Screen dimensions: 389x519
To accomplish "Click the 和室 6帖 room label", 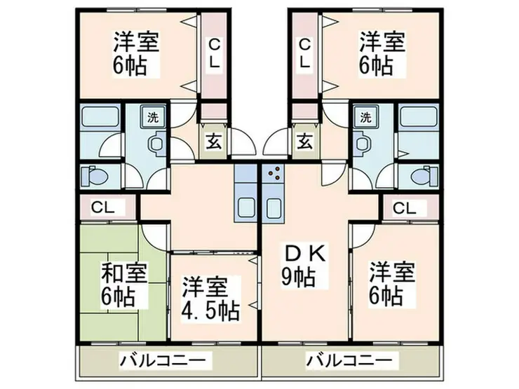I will point(124,283).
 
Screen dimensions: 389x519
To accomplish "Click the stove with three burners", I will point(273,172).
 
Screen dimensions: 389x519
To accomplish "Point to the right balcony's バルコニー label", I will point(348,361).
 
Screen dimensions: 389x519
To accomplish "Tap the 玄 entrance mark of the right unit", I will point(304,139).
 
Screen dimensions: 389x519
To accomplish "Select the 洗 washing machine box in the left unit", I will point(153,117).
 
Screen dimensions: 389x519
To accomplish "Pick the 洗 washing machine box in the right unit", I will point(365,117).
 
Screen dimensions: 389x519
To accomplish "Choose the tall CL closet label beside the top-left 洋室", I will point(214,53).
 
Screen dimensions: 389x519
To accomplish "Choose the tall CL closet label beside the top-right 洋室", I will point(304,53).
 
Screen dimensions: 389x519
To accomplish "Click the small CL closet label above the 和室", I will point(102,207).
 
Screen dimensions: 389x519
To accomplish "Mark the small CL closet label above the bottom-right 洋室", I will point(403,207).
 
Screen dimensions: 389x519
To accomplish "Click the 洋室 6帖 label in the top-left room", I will point(137,53).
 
